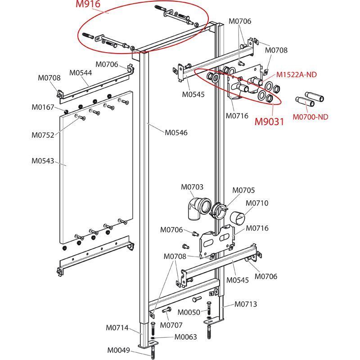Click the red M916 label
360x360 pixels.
[88, 5]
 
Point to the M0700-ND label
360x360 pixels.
[310, 117]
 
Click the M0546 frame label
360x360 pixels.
[176, 133]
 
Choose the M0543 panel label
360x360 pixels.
[43, 160]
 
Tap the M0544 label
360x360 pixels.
[81, 72]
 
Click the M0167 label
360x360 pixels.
[43, 107]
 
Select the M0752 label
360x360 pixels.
[43, 134]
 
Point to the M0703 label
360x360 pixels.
[192, 187]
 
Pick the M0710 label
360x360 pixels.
[257, 203]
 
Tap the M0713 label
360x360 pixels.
[246, 304]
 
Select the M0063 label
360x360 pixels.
[186, 337]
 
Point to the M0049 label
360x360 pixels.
[118, 350]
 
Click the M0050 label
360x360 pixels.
[189, 312]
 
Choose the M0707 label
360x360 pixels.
[171, 325]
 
